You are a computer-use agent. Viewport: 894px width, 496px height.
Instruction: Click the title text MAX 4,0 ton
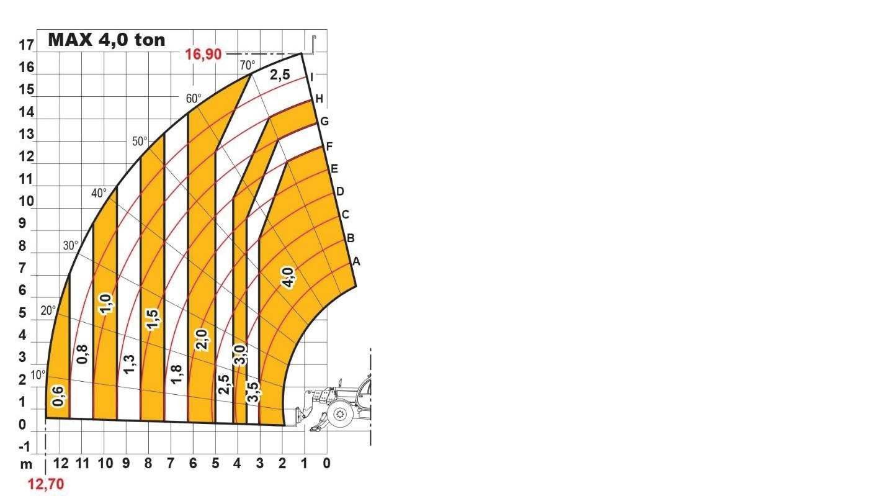click(106, 40)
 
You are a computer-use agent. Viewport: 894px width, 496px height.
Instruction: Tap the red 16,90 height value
click(203, 54)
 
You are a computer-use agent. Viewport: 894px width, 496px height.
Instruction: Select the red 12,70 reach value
click(45, 484)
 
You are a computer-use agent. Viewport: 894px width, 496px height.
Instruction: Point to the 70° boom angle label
click(248, 65)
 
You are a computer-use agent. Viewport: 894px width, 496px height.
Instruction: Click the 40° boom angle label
click(99, 193)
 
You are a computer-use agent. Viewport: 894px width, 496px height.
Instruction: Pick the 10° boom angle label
click(38, 375)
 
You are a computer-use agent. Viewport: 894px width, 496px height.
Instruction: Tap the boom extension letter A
click(356, 261)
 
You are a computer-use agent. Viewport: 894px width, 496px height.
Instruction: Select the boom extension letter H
click(319, 99)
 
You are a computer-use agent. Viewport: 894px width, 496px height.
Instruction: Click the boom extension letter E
click(334, 168)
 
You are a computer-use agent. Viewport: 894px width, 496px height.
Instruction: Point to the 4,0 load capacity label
click(288, 277)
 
